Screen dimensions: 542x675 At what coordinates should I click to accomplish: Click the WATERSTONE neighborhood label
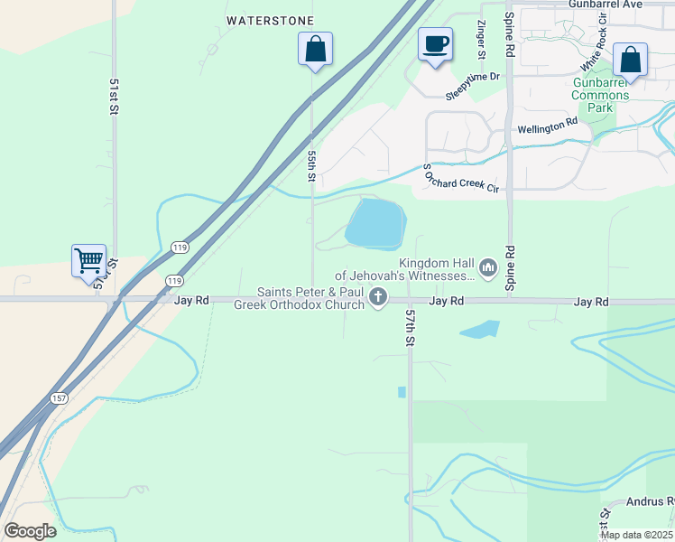(x=270, y=20)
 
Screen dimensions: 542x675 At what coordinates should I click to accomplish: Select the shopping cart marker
(x=88, y=261)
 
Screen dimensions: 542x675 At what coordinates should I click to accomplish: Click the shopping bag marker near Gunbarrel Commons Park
(x=630, y=61)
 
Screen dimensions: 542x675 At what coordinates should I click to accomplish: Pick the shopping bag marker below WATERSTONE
(x=315, y=49)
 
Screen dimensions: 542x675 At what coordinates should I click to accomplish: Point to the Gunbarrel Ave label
(x=605, y=5)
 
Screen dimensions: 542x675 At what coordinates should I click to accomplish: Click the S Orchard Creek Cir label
(x=462, y=177)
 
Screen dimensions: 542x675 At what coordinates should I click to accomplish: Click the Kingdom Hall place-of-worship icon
(x=488, y=266)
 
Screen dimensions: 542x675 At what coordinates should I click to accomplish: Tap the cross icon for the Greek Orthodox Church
(x=378, y=296)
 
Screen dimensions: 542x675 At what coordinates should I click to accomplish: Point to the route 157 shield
(x=59, y=398)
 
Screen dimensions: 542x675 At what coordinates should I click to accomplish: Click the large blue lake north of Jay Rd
(x=375, y=224)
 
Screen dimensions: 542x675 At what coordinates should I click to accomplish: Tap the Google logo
(x=30, y=531)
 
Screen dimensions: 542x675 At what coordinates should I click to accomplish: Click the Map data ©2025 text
(x=635, y=535)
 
